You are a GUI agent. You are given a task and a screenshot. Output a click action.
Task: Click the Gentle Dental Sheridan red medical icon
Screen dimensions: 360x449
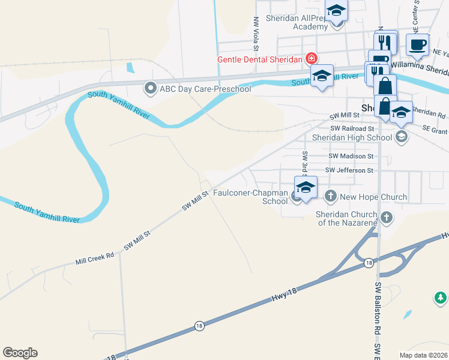click(311, 59)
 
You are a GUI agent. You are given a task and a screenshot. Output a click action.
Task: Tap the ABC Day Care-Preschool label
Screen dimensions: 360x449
click(205, 89)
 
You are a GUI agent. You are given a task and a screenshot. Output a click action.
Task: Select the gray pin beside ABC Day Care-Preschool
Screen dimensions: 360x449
click(150, 89)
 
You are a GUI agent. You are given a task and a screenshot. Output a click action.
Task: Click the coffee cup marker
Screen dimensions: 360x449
click(417, 44)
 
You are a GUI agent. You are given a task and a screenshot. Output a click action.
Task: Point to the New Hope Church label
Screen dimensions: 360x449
click(373, 197)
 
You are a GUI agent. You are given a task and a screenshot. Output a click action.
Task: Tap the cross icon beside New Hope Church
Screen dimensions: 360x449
click(330, 196)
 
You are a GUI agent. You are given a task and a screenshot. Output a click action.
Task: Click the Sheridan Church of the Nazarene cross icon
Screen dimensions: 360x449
click(387, 217)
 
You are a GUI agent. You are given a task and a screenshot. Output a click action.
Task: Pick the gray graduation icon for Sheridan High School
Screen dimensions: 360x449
click(401, 137)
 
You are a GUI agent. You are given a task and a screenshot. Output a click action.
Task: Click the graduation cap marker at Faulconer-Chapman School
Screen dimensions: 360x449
click(305, 187)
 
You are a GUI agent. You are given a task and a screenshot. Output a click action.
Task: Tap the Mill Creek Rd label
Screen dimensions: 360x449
click(94, 259)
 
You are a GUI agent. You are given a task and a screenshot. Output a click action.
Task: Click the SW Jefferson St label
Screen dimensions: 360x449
click(349, 170)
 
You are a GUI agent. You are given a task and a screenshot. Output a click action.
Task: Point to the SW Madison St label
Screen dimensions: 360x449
click(351, 156)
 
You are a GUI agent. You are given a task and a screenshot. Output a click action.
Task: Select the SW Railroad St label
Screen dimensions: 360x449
click(352, 128)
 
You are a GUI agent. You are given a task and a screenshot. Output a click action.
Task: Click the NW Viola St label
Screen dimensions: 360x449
click(256, 33)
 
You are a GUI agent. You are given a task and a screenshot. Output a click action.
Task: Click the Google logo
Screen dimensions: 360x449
click(20, 353)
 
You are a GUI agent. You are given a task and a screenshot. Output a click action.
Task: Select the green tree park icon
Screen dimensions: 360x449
click(440, 298)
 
